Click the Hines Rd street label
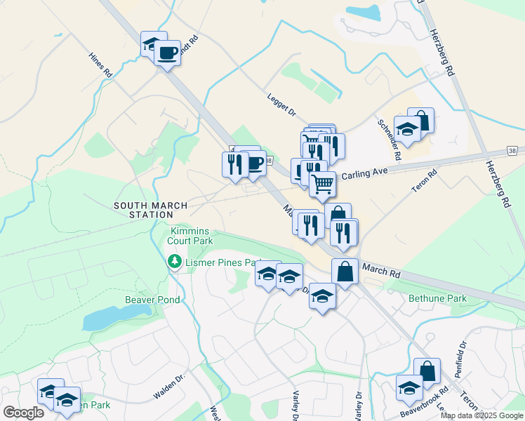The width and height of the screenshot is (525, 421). pos(102,65)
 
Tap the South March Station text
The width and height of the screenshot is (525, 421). pos(151,210)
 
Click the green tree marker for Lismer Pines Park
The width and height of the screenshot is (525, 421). pos(174,262)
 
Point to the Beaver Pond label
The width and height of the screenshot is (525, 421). pos(152,300)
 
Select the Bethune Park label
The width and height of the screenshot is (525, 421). pos(437,299)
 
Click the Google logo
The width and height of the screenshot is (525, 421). pos(23,413)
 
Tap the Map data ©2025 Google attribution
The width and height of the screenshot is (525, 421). pos(481,415)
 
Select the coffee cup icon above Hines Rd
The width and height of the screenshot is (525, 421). pos(167,53)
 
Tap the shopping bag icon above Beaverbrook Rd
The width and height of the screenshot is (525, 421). pos(427,371)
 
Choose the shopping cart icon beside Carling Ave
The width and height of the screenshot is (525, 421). pos(322,184)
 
